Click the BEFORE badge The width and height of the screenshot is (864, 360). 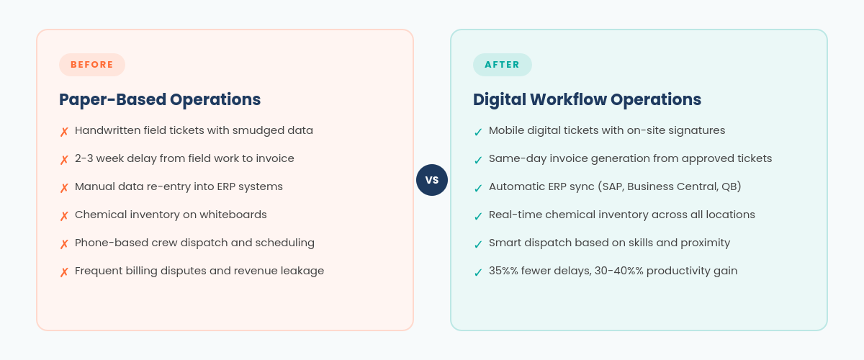92,65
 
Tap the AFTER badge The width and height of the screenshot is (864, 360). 502,65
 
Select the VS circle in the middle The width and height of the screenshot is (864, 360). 432,180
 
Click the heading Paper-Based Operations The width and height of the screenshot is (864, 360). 160,99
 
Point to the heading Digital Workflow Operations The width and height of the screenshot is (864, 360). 587,99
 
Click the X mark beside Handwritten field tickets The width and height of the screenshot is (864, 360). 64,132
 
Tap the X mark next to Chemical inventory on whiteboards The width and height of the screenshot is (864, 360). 64,216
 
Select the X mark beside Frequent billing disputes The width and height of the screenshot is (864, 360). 64,272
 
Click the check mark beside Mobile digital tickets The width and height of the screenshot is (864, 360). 478,132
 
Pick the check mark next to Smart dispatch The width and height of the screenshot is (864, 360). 478,244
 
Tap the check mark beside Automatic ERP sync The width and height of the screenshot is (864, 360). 478,188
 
